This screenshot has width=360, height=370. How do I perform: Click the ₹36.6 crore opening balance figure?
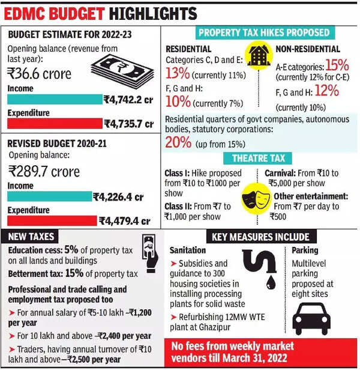(40, 74)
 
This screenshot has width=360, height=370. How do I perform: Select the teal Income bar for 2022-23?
(54, 100)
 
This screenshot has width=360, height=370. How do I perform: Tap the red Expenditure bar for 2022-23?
(54, 124)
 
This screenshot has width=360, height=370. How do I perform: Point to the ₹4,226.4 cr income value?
(118, 196)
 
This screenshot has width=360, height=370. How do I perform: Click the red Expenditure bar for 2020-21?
(51, 220)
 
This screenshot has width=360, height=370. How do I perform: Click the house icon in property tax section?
(258, 56)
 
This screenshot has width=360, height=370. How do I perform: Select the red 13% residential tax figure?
(178, 73)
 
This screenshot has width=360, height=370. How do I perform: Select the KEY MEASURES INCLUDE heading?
(260, 237)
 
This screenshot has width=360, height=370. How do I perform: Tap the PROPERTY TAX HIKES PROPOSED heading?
(263, 32)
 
